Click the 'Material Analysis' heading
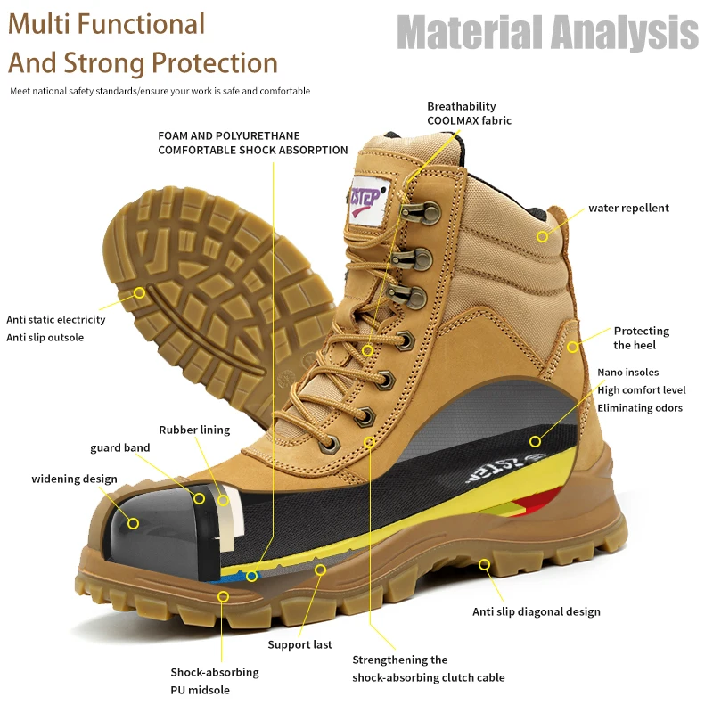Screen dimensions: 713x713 point(547,33)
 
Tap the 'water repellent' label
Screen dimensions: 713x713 point(627,209)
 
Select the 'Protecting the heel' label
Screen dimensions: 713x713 point(641,338)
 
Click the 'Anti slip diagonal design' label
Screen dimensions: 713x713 point(536,611)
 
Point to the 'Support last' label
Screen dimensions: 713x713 point(300,644)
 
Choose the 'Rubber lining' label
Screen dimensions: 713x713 point(194,430)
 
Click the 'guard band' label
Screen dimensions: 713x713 point(119,447)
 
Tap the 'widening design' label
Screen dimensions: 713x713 point(74,479)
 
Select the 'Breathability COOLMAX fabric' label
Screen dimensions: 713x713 point(469,113)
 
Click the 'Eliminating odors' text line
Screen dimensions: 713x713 point(640,408)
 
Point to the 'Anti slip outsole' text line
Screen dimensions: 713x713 point(45,337)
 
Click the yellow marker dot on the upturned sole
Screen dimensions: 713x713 point(140,292)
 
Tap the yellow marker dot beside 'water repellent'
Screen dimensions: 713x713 point(543,236)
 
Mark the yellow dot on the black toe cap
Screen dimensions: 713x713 point(133,522)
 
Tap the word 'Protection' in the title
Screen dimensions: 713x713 point(215,63)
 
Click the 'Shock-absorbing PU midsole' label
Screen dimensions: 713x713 point(215,680)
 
